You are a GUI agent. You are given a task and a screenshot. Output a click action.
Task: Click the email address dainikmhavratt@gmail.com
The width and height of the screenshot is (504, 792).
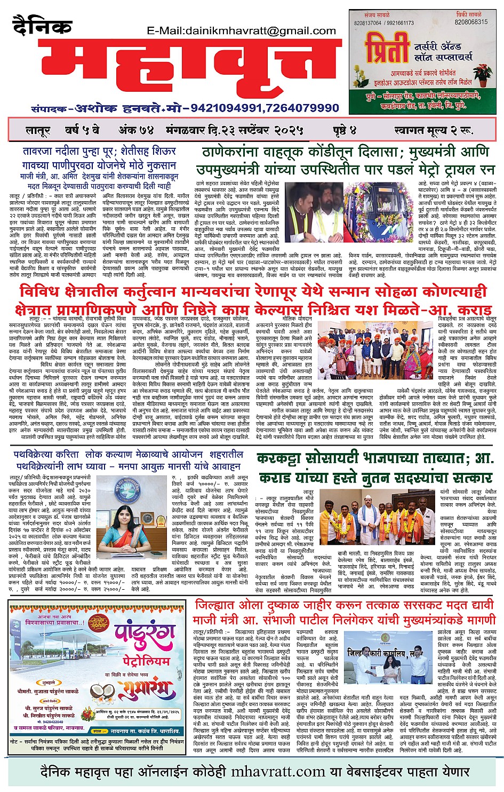(241, 31)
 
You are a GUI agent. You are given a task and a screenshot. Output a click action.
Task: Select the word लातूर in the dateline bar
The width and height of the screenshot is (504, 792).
(39, 130)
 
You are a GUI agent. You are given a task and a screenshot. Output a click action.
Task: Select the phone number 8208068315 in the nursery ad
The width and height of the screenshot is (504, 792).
(471, 22)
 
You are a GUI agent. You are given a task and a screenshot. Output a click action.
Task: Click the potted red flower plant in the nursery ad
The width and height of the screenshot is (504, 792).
(483, 74)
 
